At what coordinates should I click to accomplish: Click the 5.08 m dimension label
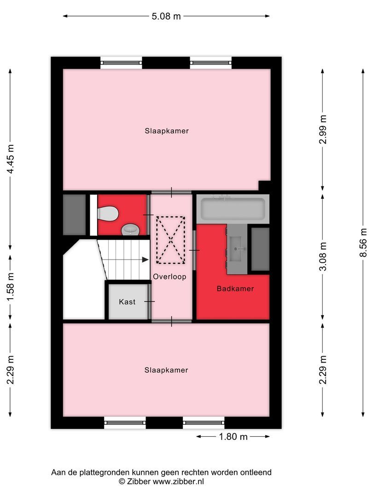(166, 16)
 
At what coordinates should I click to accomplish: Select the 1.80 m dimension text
(233, 436)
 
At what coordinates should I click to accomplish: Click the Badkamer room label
(235, 289)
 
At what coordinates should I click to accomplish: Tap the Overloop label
(170, 277)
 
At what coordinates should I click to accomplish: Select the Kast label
(127, 302)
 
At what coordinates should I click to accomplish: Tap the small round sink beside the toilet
(129, 229)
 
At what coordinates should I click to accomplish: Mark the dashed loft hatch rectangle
(170, 240)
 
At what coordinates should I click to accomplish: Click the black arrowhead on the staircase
(146, 260)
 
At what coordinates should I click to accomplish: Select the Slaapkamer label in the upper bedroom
(166, 131)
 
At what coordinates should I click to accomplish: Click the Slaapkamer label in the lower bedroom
(166, 370)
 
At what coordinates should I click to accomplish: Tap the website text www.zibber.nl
(178, 481)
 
